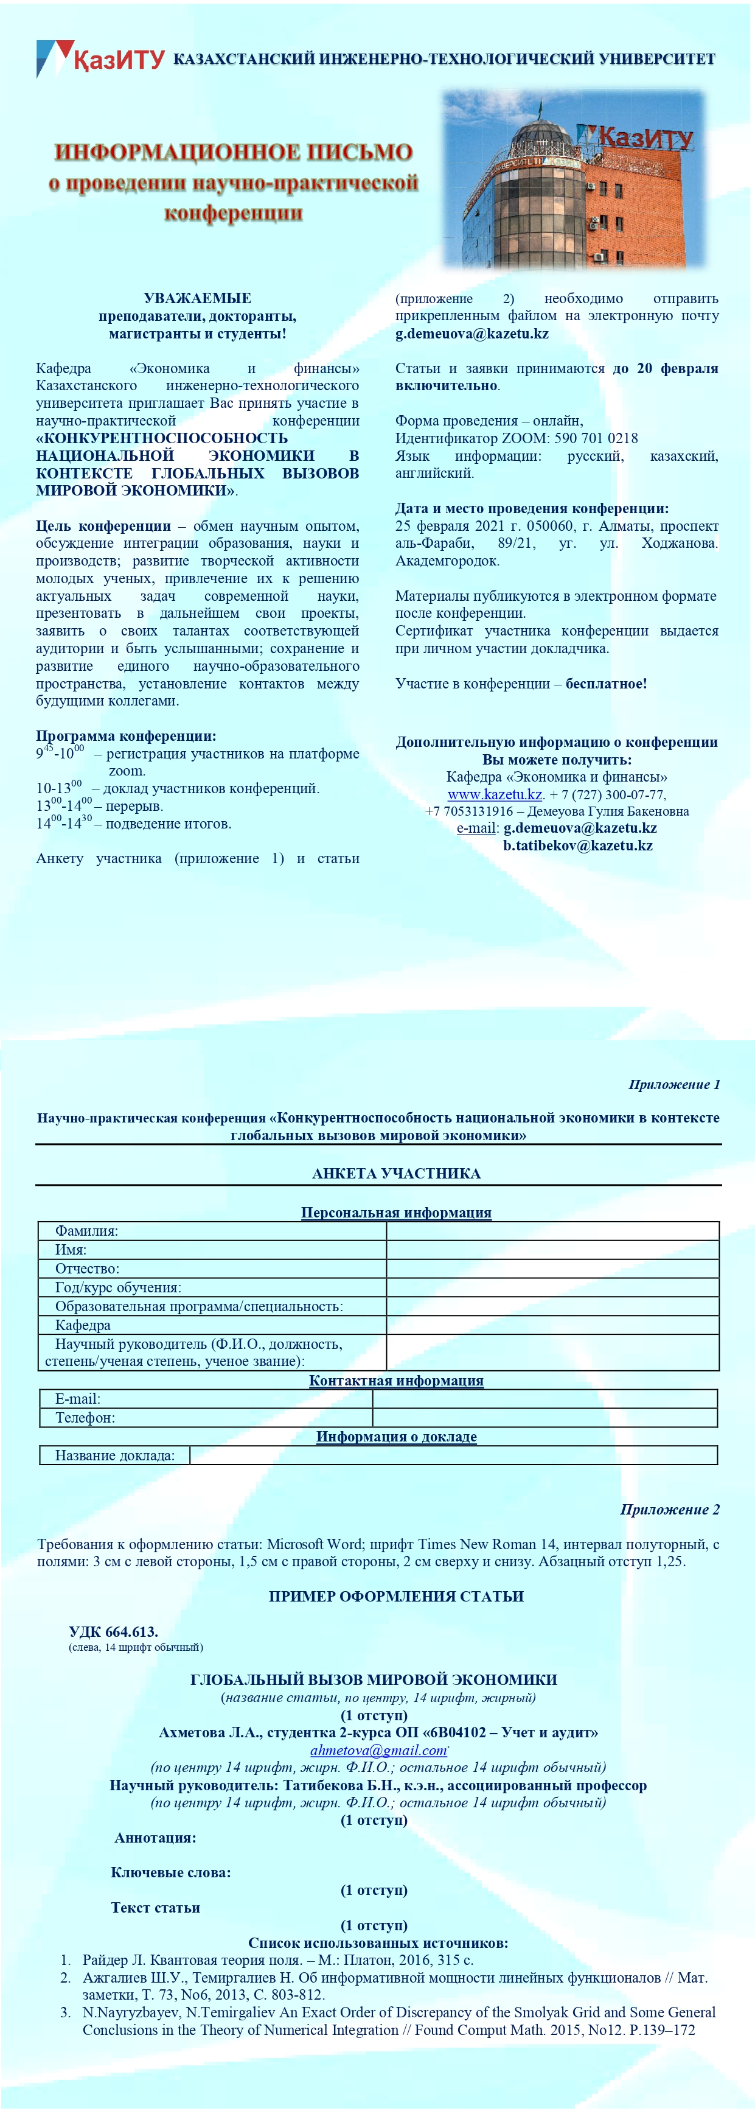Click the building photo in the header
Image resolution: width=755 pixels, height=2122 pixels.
click(x=573, y=180)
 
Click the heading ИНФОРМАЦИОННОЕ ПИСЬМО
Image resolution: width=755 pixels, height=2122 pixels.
click(x=233, y=152)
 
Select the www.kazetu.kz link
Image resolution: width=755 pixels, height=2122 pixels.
click(x=494, y=794)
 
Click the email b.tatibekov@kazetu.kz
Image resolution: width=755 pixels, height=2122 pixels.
click(x=577, y=845)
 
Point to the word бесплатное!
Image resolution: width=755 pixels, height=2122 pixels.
click(x=606, y=684)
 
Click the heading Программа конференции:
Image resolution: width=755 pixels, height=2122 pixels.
click(x=126, y=735)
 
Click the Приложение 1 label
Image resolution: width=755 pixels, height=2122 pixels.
click(x=673, y=1084)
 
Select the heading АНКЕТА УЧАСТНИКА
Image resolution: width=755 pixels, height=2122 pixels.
click(x=396, y=1173)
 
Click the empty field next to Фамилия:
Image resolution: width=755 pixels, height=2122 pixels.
click(x=552, y=1231)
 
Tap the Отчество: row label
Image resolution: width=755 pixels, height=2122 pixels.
click(x=87, y=1269)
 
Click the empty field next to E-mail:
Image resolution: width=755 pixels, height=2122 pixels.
click(x=545, y=1399)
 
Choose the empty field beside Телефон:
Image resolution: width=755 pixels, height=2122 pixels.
click(x=545, y=1418)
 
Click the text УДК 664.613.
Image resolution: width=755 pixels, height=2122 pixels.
click(x=114, y=1632)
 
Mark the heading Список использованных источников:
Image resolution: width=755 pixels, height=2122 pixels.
click(x=378, y=1942)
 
